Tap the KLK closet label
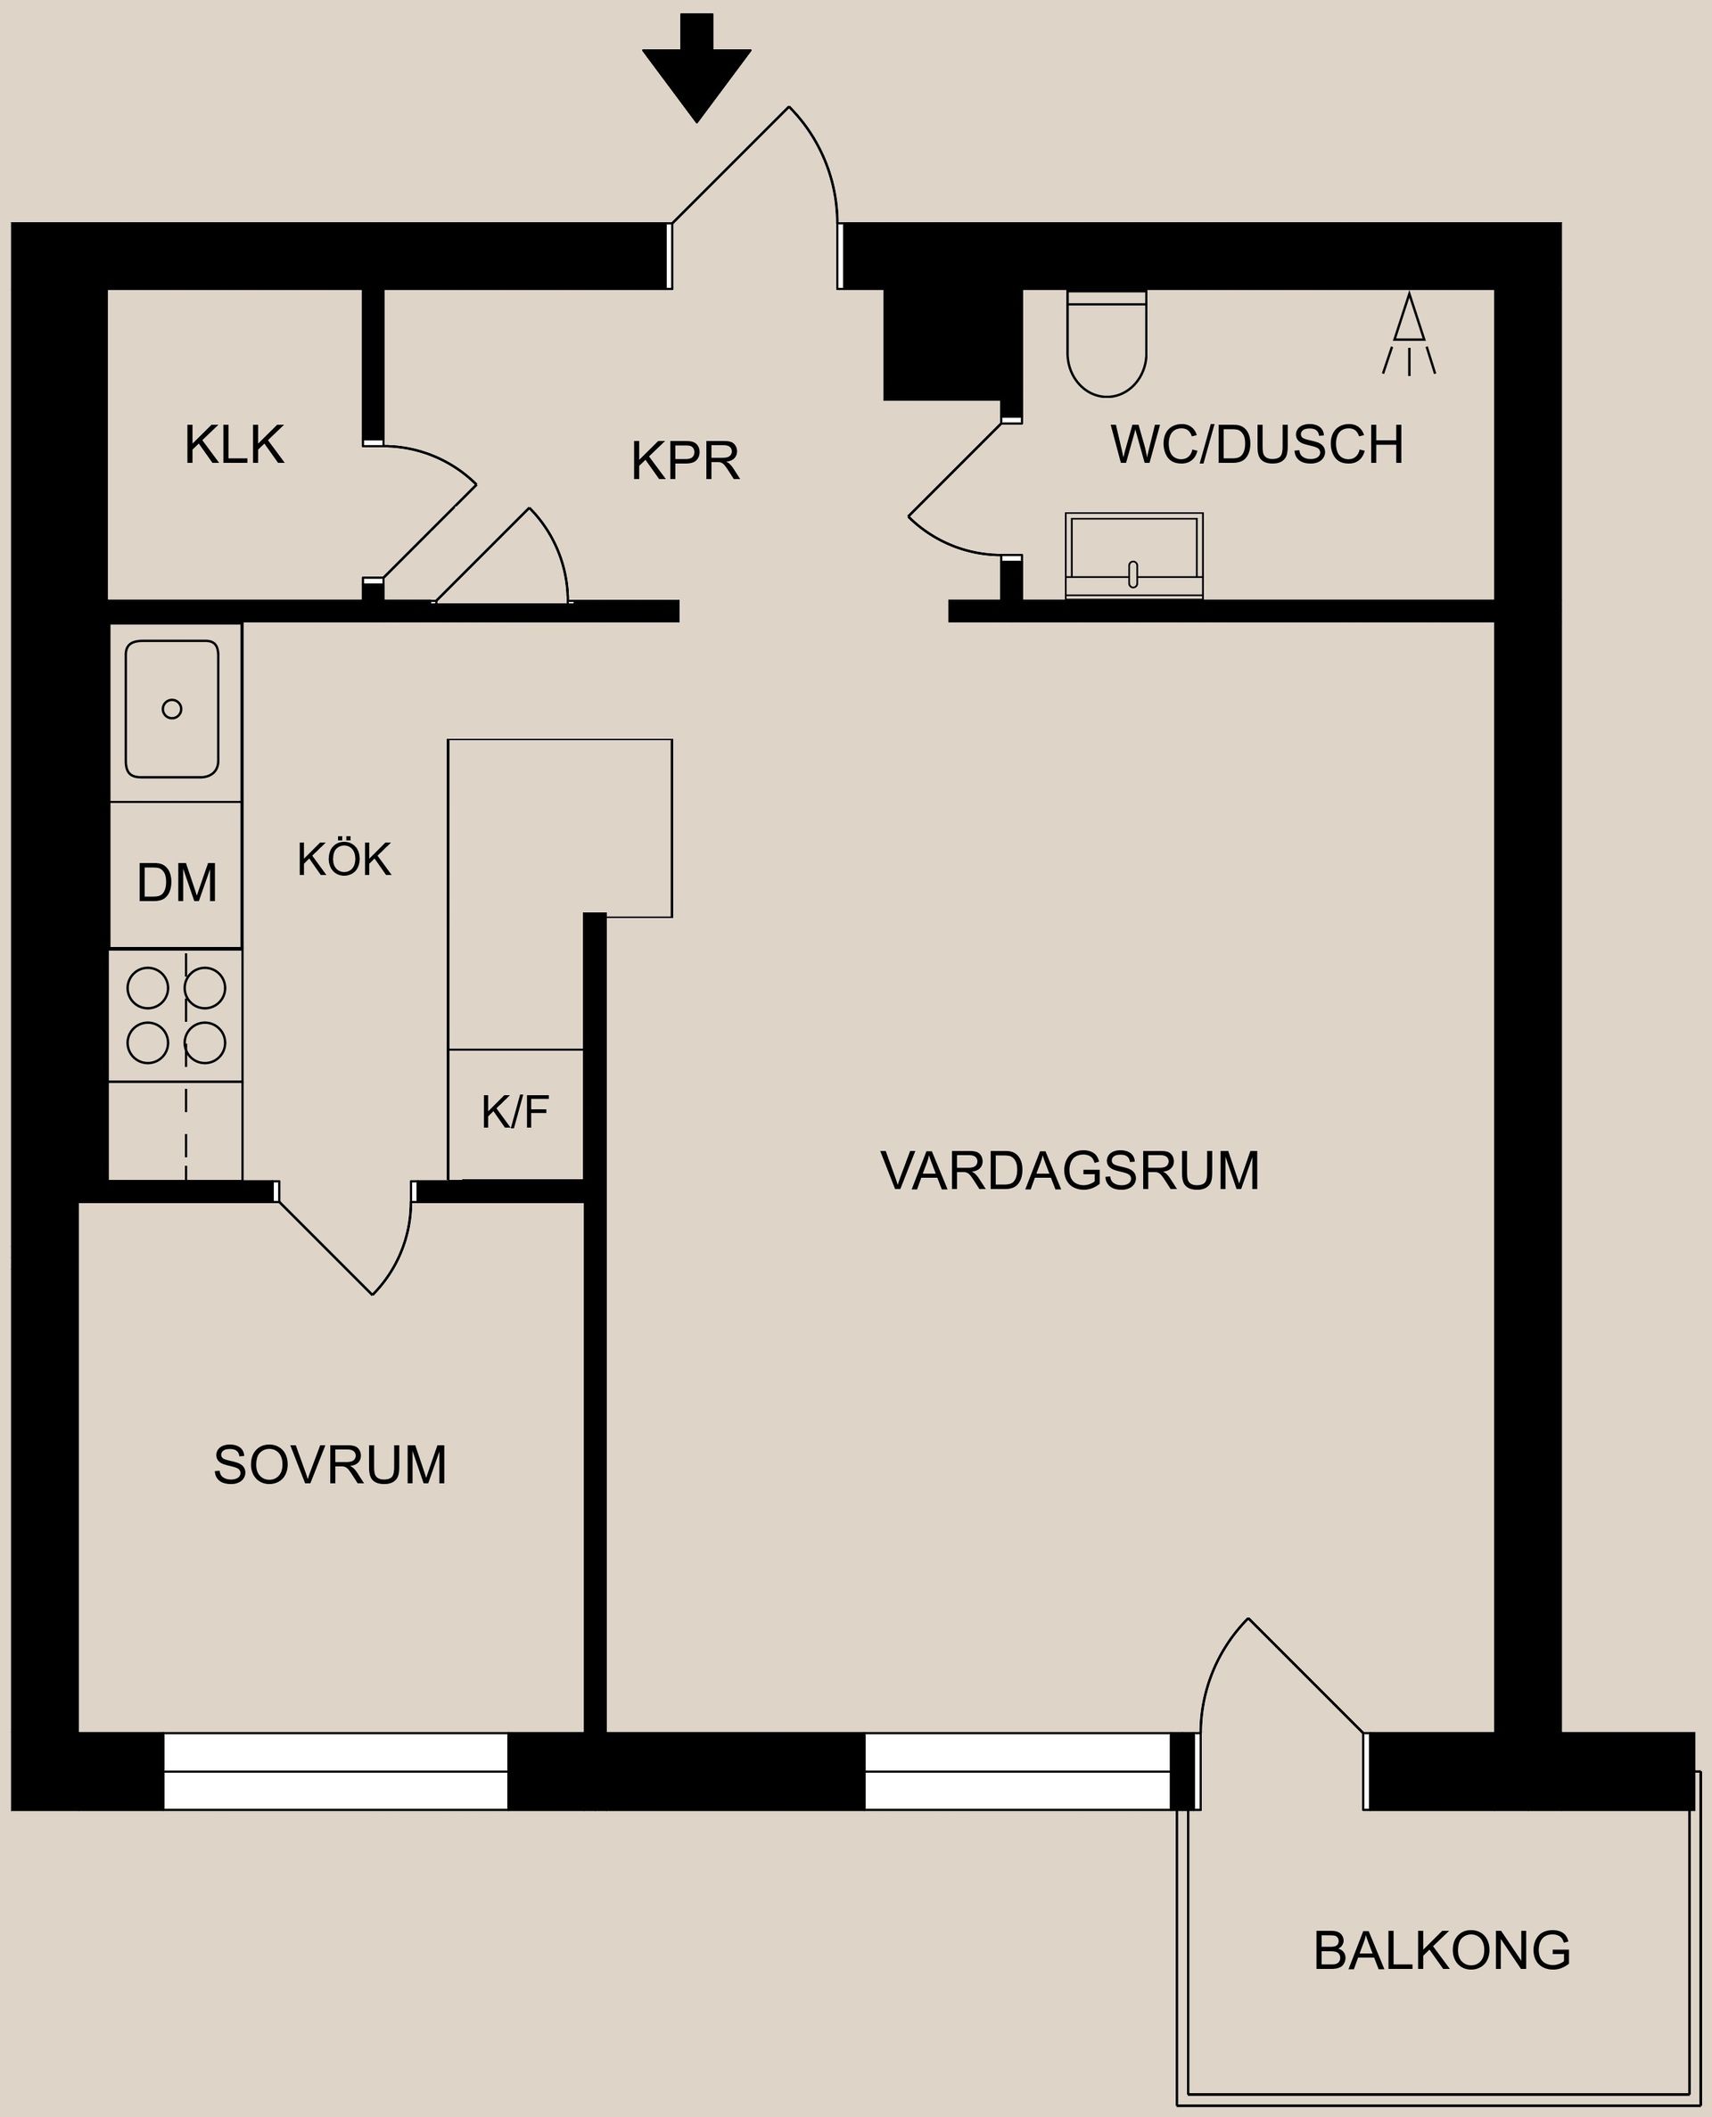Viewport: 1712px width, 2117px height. (x=234, y=445)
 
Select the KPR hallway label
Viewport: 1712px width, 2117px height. (x=685, y=460)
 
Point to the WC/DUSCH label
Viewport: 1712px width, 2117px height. (x=1256, y=445)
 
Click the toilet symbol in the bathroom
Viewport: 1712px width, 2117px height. (x=1107, y=345)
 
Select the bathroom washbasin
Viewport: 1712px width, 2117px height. (x=1133, y=556)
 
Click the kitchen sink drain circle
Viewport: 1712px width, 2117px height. (x=171, y=708)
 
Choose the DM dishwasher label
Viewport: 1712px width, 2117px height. (x=177, y=883)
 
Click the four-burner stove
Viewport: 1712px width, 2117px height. (x=177, y=1016)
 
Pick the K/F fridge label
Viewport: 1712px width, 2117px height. (x=514, y=1113)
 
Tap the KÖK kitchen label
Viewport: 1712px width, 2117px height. (x=344, y=860)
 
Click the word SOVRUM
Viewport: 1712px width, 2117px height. (x=329, y=1465)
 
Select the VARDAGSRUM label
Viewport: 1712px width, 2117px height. (x=1069, y=1172)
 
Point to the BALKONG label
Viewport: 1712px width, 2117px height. (x=1441, y=1950)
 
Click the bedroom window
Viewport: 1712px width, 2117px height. (x=335, y=1771)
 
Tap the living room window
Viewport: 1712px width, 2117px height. (x=1017, y=1771)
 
